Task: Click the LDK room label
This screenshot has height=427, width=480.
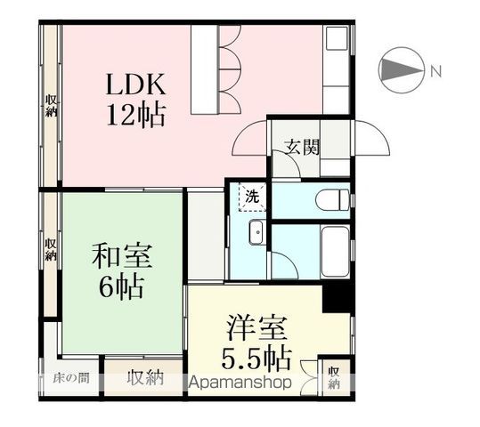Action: click(x=136, y=85)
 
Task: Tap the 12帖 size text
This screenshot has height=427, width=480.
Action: click(x=136, y=116)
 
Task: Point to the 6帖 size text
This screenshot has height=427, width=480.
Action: click(x=123, y=287)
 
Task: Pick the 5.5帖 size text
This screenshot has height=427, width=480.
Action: click(x=256, y=358)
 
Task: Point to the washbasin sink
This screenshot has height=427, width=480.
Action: click(x=256, y=233)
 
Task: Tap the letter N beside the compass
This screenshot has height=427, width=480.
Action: click(x=435, y=70)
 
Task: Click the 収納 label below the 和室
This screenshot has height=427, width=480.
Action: click(x=144, y=377)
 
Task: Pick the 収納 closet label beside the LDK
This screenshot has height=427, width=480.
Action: click(x=51, y=105)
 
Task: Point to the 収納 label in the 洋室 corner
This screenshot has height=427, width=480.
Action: click(x=333, y=377)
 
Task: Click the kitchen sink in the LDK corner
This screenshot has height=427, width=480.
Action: click(x=336, y=40)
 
